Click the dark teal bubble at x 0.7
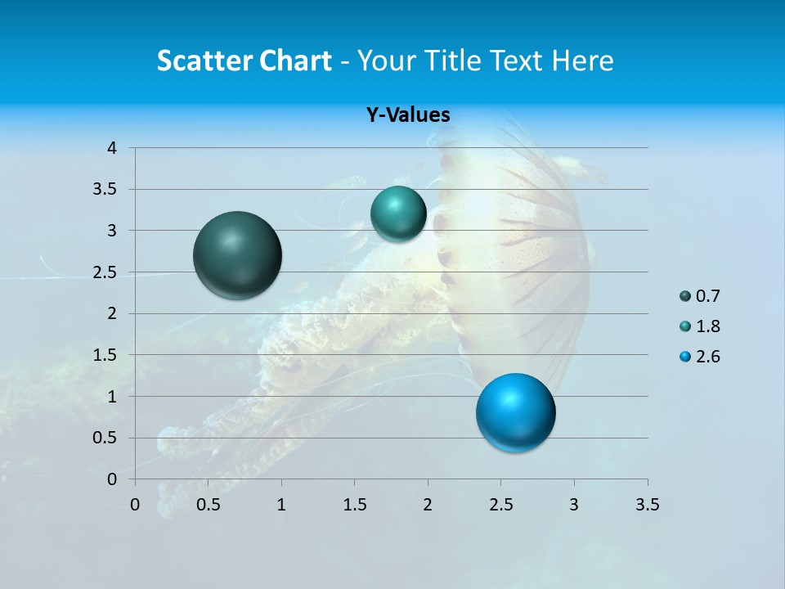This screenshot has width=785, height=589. pyautogui.click(x=238, y=255)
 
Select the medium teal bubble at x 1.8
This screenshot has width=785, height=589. pyautogui.click(x=398, y=214)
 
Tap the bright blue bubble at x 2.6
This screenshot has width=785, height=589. pyautogui.click(x=515, y=412)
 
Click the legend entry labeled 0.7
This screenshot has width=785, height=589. pyautogui.click(x=700, y=296)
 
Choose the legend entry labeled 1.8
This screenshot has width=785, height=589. pyautogui.click(x=700, y=326)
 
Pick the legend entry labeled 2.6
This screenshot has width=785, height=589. pyautogui.click(x=700, y=357)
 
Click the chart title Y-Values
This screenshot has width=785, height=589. pyautogui.click(x=408, y=115)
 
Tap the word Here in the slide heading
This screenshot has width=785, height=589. pyautogui.click(x=581, y=61)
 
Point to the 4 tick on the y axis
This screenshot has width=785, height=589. pyautogui.click(x=113, y=148)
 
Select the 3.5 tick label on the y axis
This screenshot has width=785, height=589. pyautogui.click(x=105, y=189)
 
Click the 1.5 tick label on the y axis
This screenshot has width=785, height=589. pyautogui.click(x=105, y=355)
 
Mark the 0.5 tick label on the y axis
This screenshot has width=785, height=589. pyautogui.click(x=105, y=438)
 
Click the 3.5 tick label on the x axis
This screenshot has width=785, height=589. pyautogui.click(x=647, y=505)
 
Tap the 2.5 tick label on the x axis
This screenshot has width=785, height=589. pyautogui.click(x=501, y=505)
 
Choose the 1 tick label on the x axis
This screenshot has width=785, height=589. pyautogui.click(x=281, y=505)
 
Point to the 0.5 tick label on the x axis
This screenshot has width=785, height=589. pyautogui.click(x=209, y=505)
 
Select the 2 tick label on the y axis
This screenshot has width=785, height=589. pyautogui.click(x=113, y=313)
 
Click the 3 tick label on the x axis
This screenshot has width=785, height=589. pyautogui.click(x=574, y=505)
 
